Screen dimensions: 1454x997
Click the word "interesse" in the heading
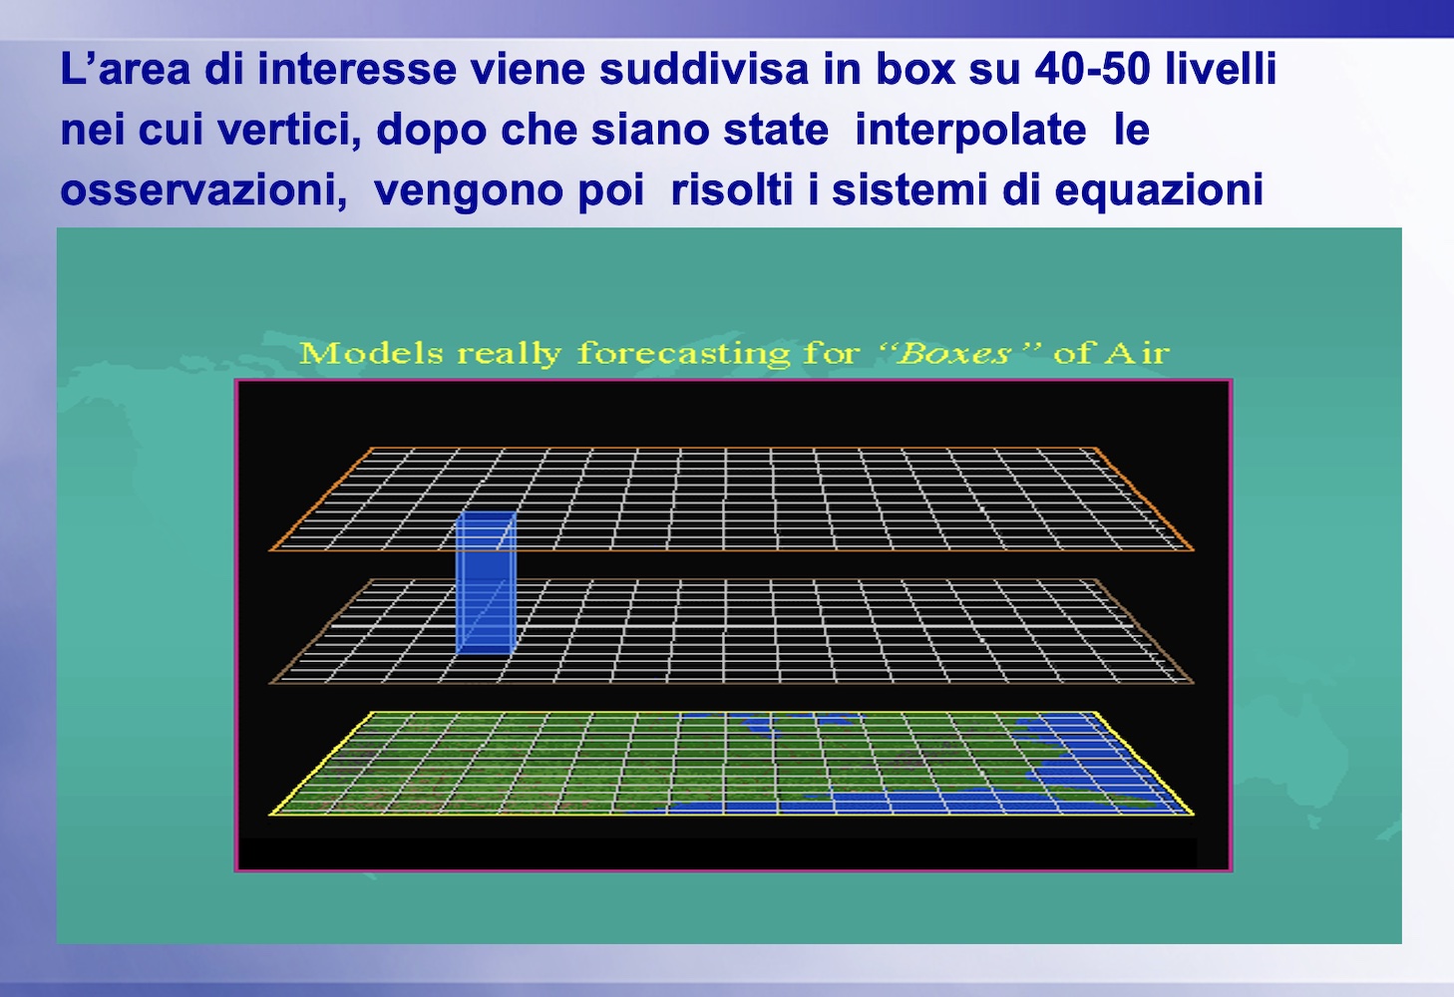(x=357, y=69)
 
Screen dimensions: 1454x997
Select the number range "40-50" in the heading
(x=1092, y=69)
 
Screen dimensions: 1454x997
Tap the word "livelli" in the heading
(x=1221, y=69)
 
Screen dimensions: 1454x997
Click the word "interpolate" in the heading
(x=970, y=130)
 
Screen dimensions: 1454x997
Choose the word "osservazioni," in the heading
(x=203, y=190)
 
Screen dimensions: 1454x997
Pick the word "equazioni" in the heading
(x=1159, y=190)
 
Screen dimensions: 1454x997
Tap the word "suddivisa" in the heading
(x=704, y=69)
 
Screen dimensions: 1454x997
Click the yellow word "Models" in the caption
(x=371, y=354)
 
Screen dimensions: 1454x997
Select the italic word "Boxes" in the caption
(x=953, y=354)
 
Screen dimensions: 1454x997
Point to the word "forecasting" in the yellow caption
(x=683, y=355)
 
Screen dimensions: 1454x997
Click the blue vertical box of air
(x=486, y=583)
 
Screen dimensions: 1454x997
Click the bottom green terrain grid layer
(x=732, y=764)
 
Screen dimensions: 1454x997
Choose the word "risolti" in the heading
(x=732, y=190)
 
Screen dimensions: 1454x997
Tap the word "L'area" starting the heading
(x=125, y=69)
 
